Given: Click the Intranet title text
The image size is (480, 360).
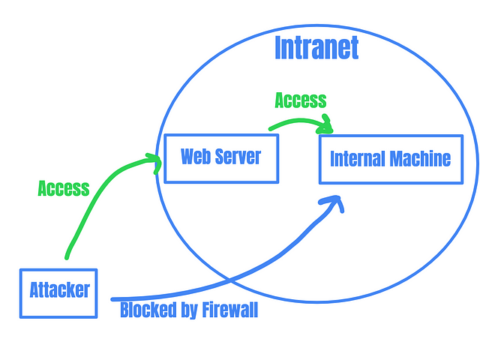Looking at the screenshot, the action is (316, 47).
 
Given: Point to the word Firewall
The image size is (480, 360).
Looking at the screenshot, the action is (230, 310).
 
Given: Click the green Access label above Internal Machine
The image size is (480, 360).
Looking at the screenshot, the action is (301, 100).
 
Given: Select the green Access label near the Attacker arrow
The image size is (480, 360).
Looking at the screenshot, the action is (64, 188).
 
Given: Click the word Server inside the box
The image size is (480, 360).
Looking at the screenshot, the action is (238, 157).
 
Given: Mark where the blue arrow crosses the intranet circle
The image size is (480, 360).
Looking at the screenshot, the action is (229, 280).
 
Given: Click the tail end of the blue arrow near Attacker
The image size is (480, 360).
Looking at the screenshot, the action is (112, 299).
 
